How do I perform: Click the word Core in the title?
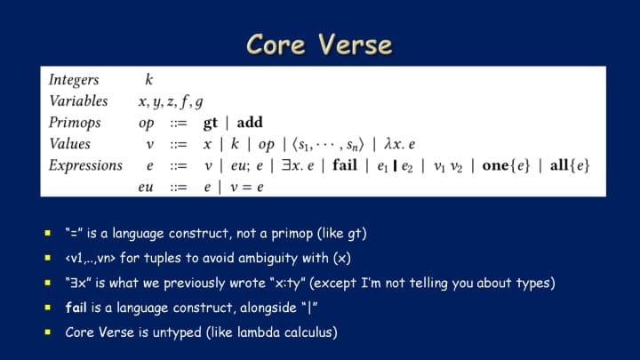coord(276,44)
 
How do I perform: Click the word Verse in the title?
coord(355,44)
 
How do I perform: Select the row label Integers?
coord(74,80)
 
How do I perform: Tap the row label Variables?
coord(78,100)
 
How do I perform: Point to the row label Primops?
coord(75,123)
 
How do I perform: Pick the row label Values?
coord(70,144)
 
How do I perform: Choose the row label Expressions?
coord(85,165)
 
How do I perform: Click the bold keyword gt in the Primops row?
coord(210,123)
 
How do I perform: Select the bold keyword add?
coord(250,123)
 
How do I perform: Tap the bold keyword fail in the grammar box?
coord(345,165)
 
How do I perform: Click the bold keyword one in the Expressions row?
coord(495,165)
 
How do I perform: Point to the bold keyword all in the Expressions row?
coord(559,165)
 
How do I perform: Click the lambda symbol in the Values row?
coord(388,144)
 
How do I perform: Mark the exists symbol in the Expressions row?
coord(285,165)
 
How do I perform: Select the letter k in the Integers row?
coord(149,79)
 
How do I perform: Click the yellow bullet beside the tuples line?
coord(48,258)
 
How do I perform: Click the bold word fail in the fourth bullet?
coord(76,307)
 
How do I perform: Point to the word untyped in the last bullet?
coord(177,332)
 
